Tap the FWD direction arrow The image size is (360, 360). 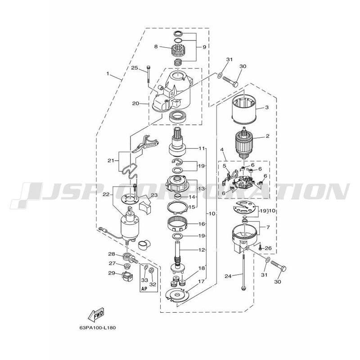[x=96, y=314]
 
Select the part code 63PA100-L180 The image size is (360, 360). [x=98, y=328]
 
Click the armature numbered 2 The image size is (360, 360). [x=244, y=144]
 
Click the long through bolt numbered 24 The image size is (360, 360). [x=243, y=272]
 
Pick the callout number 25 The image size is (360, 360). [x=135, y=68]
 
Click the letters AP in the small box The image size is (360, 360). [x=144, y=289]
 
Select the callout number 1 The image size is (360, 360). [x=108, y=73]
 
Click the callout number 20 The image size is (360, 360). [x=135, y=103]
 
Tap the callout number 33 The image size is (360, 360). [x=144, y=280]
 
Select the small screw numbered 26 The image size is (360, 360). [x=260, y=247]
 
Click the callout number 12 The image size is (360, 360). [x=202, y=250]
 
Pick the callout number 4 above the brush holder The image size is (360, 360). [x=222, y=150]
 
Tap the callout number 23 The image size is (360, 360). [x=154, y=195]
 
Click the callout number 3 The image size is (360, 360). [x=267, y=107]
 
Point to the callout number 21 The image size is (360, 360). [x=111, y=161]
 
